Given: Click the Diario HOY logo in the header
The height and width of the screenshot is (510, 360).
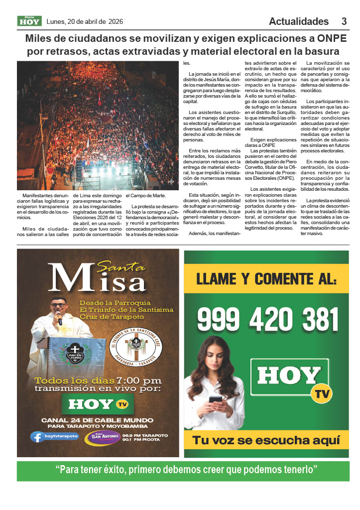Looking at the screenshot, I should click(29, 21).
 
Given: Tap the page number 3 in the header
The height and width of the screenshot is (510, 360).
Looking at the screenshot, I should click(344, 21).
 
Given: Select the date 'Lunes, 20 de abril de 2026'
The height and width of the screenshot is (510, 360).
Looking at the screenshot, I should click(85, 21).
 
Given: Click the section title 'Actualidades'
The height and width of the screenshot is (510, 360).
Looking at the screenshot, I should click(299, 21).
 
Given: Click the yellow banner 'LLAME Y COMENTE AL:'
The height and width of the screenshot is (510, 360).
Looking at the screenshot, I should click(266, 279).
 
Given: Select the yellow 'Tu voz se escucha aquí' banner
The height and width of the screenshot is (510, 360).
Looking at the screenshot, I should click(266, 440).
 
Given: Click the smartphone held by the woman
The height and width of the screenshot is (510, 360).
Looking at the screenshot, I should click(215, 399).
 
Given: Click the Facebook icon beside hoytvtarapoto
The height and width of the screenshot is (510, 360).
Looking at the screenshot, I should click(37, 437).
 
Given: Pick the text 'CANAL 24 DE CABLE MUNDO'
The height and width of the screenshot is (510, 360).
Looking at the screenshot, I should click(97, 420).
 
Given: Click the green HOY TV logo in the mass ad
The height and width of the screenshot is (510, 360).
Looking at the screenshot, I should click(97, 404).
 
